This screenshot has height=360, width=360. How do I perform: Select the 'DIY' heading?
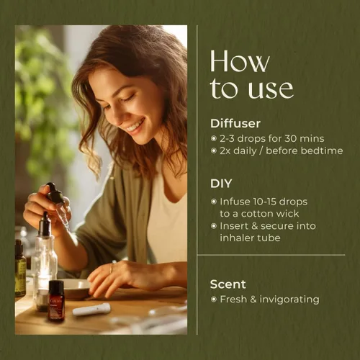tap(221, 183)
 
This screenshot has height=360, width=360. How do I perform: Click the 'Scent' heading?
tap(228, 284)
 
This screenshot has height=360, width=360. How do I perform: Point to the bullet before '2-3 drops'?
tap(213, 138)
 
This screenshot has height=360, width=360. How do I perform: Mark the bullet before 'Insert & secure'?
tap(213, 226)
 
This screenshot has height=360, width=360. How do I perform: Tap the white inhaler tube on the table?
tap(92, 310)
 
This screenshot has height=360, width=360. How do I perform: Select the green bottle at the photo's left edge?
tap(20, 269)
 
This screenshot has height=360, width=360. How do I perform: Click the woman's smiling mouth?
tap(134, 125)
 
